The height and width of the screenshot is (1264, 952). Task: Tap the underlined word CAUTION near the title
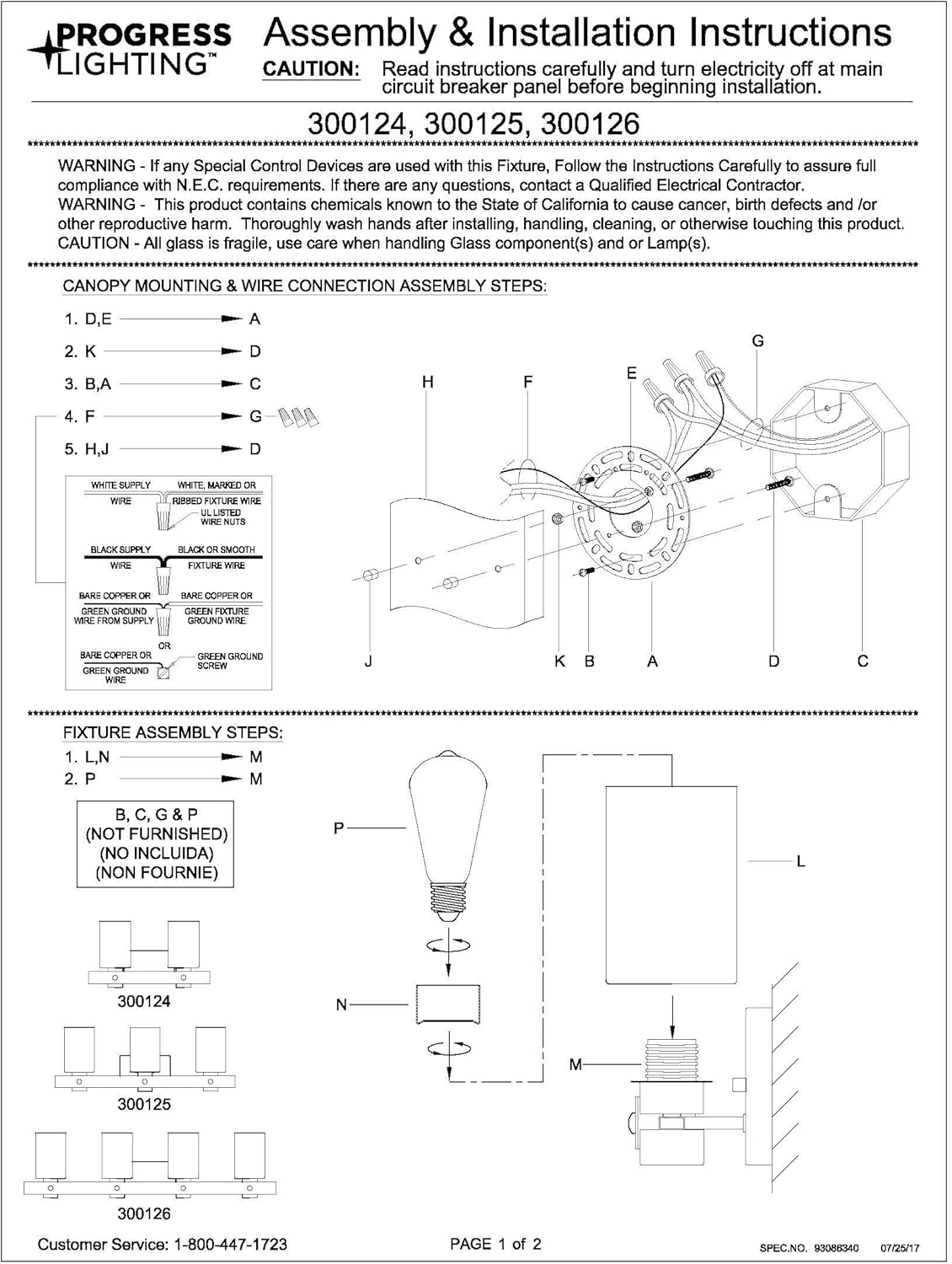coord(312,69)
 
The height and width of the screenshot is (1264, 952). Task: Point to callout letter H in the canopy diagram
coord(428,382)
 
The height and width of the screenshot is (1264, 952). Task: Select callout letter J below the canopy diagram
coord(368,661)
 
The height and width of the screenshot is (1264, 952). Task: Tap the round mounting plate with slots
coord(628,518)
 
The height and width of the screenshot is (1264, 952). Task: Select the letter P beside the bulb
coord(339,828)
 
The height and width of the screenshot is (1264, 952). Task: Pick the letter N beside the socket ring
coord(341,1004)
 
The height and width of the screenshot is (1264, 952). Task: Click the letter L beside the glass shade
coord(800,861)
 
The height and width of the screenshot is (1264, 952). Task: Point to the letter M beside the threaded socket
coord(575,1064)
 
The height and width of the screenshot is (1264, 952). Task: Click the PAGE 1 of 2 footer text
coord(495,1244)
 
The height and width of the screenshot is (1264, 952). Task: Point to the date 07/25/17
coord(900,1246)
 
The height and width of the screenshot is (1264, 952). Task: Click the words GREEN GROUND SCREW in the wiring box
coord(229,661)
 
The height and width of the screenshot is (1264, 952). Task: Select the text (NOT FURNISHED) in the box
coord(157,834)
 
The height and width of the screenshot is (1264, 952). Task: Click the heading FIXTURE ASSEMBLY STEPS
coord(173,732)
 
